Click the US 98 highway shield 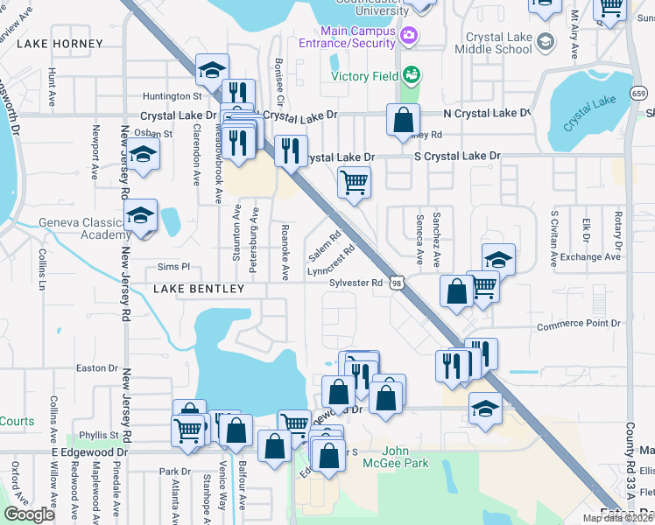coord(399,283)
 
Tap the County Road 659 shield coord(640,93)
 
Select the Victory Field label coord(365,75)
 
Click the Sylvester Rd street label coord(356,283)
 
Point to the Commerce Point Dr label coord(579,324)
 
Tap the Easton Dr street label coord(96,368)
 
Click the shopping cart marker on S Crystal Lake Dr coord(354,183)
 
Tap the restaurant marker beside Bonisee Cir coord(291,150)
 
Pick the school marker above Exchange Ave coord(498,259)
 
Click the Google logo coord(30,514)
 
